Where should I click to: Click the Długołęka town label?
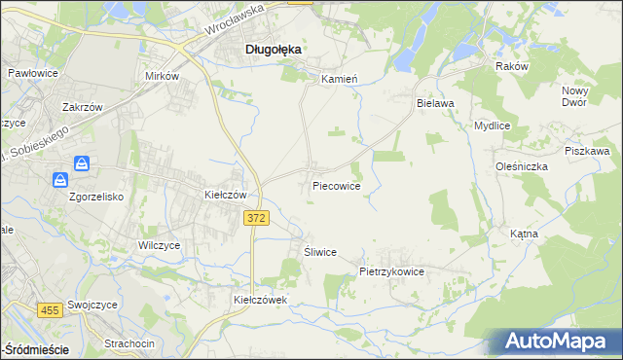(x=272, y=48)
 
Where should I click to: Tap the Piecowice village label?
(x=337, y=185)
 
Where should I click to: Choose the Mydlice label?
(x=492, y=126)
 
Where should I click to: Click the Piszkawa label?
(x=587, y=151)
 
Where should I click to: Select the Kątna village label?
(x=551, y=234)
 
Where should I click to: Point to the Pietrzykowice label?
(x=392, y=272)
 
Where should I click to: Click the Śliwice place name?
(x=319, y=252)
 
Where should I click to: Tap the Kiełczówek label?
(x=261, y=300)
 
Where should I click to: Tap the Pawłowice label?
(x=32, y=73)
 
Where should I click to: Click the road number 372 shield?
(x=255, y=220)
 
